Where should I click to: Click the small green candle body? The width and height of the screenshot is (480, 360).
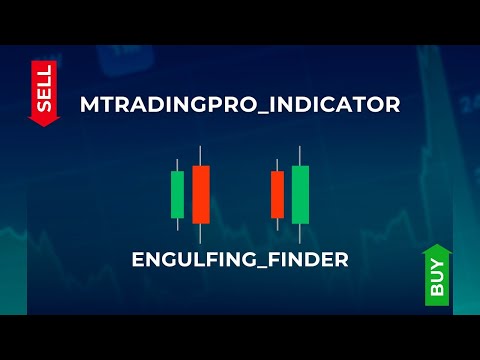(x=178, y=194)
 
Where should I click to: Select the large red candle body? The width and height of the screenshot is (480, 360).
(x=201, y=195)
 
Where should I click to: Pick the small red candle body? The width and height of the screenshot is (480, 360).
(x=278, y=194)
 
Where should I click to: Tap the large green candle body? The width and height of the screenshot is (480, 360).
(x=300, y=195)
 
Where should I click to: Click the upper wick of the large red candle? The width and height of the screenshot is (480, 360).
(x=201, y=156)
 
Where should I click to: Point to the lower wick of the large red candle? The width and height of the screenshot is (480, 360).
(x=201, y=232)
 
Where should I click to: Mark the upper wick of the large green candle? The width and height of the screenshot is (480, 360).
(x=300, y=156)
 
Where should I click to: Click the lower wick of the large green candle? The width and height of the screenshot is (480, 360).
(x=300, y=232)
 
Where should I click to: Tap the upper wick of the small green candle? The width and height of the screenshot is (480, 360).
(x=178, y=165)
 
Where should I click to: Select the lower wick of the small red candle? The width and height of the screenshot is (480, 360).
(x=278, y=223)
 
